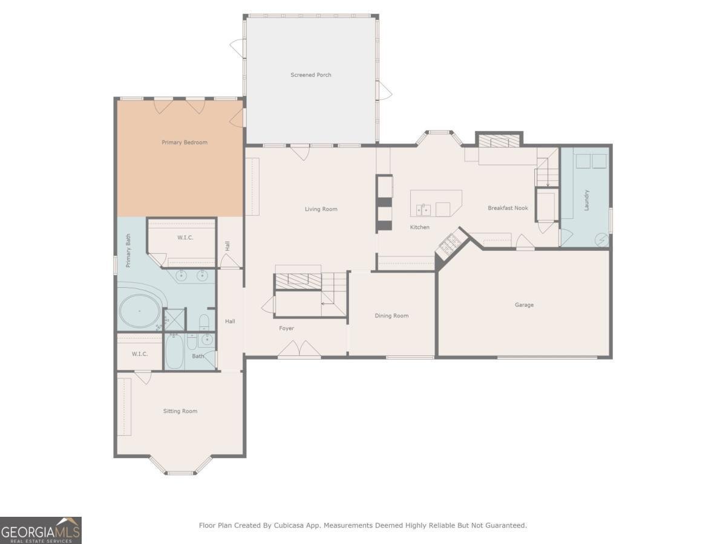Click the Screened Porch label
point(310,75)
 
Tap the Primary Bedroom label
point(184,143)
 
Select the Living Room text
point(321,209)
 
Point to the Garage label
point(524,305)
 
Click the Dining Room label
point(391,316)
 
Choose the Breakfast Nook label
point(508,208)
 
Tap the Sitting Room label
point(180,411)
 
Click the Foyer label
point(286,328)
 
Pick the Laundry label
point(586,200)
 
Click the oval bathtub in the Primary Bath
point(140,311)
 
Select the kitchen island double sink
point(423,210)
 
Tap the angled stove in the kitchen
point(450,244)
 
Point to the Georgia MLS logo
point(41,530)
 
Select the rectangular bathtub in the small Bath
point(174,350)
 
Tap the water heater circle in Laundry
point(601,239)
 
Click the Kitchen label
point(419,227)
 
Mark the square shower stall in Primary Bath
point(175,319)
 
